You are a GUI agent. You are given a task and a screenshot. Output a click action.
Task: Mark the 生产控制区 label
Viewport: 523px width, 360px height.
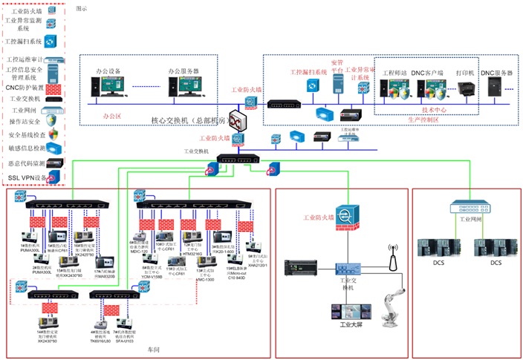pyautogui.click(x=424, y=119)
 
